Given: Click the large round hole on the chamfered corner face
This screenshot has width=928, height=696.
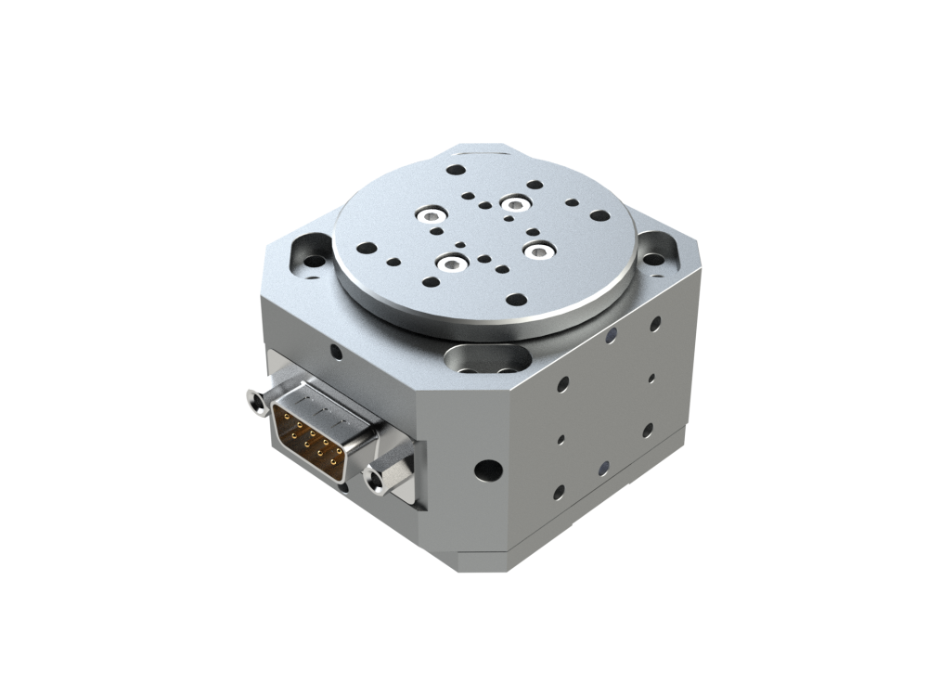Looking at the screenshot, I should [x=486, y=470].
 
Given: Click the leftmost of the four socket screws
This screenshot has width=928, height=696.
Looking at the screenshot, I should [x=429, y=216].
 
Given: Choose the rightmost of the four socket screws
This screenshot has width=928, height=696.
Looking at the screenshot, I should [x=537, y=248].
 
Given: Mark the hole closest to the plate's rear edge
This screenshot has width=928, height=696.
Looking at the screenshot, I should [x=456, y=171].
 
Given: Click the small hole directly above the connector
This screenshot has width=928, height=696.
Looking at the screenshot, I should [x=335, y=352].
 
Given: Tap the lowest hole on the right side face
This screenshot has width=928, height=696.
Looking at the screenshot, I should [x=560, y=492].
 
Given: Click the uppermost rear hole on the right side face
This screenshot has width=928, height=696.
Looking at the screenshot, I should [x=655, y=323].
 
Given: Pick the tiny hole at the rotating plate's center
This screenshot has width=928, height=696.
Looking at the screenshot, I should [x=483, y=232].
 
